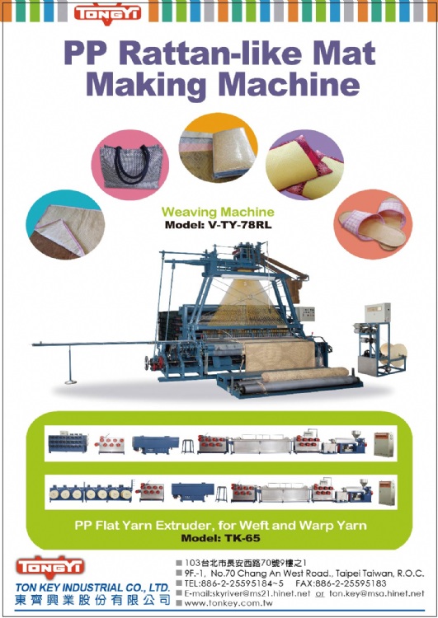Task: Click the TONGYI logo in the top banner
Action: click(107, 14)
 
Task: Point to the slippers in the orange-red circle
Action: click(374, 224)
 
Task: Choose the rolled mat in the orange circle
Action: click(219, 152)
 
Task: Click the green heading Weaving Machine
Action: click(218, 212)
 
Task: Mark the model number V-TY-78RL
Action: click(239, 226)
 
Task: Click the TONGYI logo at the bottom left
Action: click(49, 567)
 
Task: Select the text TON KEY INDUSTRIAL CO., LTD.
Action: click(92, 588)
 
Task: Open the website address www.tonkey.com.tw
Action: click(228, 603)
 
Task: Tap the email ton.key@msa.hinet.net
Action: click(376, 593)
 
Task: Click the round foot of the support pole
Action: click(71, 381)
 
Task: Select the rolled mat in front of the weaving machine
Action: click(304, 374)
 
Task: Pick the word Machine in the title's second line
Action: click(289, 84)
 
